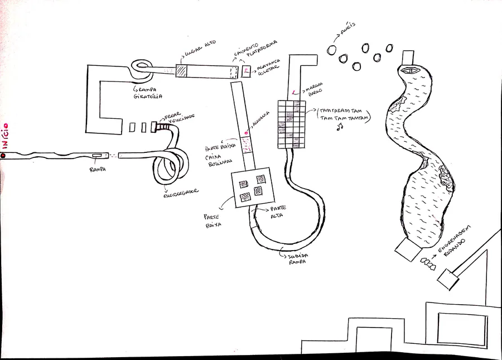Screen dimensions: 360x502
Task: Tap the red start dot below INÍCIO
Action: (x=3, y=155)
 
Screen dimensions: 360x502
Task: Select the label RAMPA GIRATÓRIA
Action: (x=147, y=92)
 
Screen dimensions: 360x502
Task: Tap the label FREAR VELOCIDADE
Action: (x=179, y=118)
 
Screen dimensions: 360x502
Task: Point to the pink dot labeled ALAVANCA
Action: (x=245, y=133)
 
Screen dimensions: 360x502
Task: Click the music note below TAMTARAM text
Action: (x=338, y=128)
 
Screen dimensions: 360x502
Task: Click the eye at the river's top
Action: (x=412, y=70)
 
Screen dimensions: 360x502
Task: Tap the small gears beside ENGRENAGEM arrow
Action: (x=429, y=262)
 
